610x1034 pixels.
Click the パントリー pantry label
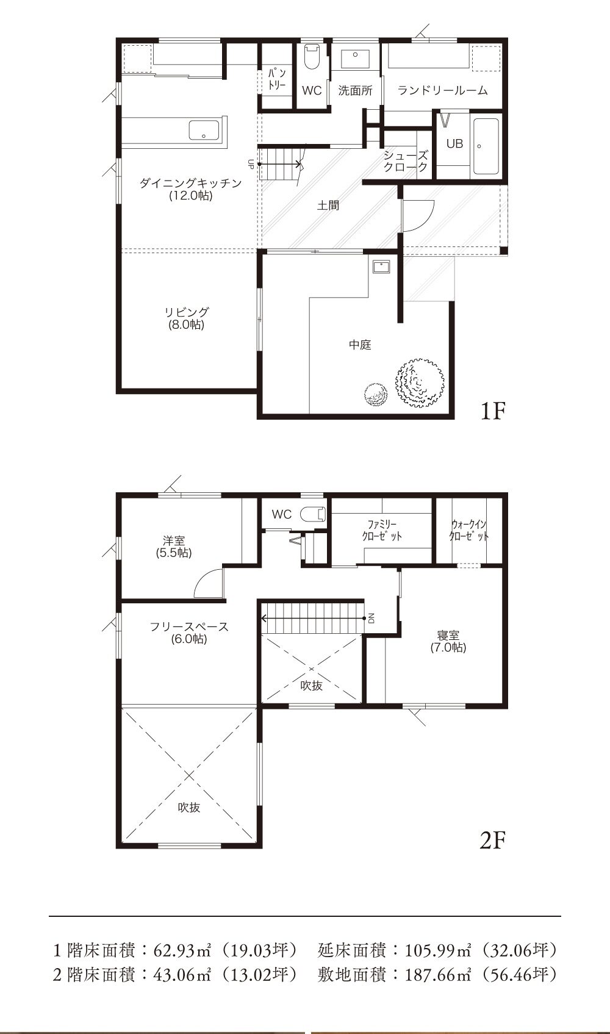tap(277, 79)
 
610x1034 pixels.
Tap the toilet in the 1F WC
tap(312, 56)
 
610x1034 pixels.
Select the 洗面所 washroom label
tap(355, 90)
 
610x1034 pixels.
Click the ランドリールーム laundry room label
tap(442, 90)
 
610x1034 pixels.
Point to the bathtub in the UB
tap(486, 146)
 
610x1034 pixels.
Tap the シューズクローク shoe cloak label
tap(406, 161)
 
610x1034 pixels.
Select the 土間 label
tap(328, 205)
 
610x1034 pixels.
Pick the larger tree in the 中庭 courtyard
tap(420, 382)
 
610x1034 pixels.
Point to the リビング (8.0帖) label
tap(187, 318)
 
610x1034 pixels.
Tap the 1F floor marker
tap(493, 411)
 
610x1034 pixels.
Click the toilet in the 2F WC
tap(314, 514)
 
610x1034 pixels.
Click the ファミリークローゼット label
tap(382, 530)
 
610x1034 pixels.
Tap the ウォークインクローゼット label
tap(469, 530)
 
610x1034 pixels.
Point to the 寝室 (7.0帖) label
tap(448, 642)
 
